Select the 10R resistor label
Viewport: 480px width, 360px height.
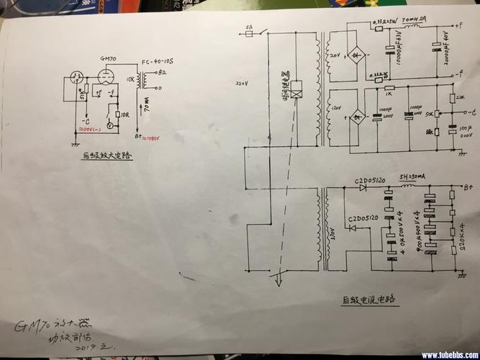[124, 114]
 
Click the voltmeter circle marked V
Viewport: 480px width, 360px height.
[109, 125]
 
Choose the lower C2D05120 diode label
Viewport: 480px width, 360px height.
[363, 218]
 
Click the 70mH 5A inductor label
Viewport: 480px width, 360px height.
[415, 22]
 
